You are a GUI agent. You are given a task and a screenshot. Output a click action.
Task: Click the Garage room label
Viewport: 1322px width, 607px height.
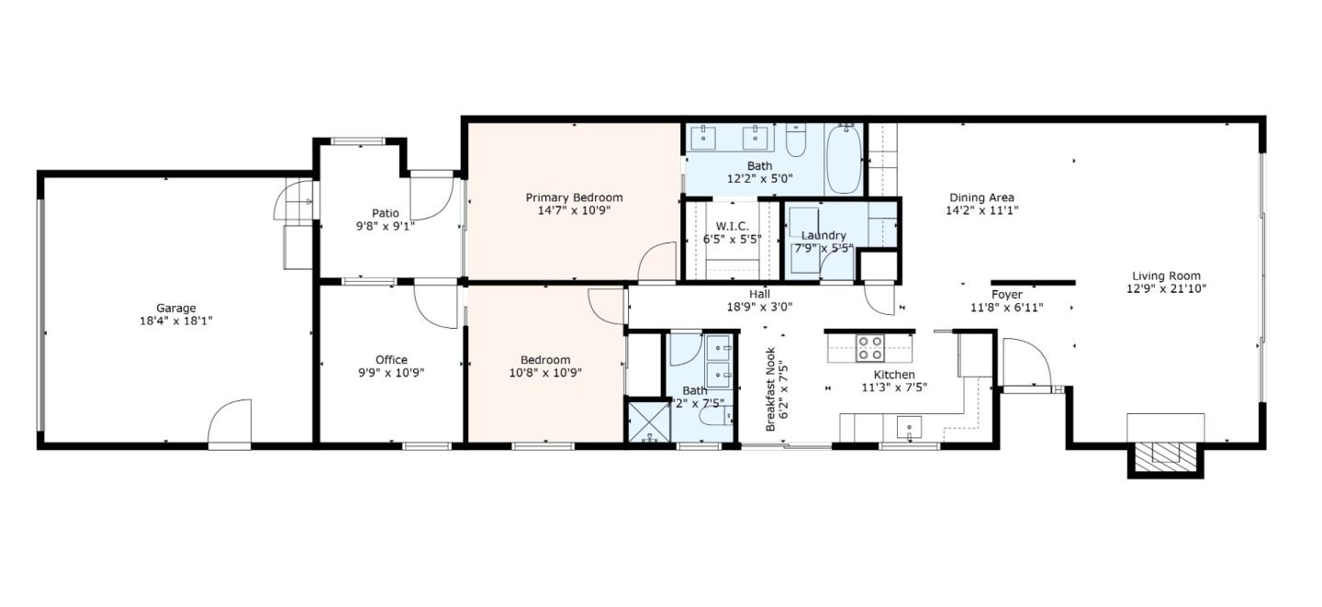coord(175,309)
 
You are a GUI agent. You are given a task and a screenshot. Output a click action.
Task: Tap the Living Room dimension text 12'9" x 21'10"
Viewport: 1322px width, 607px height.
coord(1166,288)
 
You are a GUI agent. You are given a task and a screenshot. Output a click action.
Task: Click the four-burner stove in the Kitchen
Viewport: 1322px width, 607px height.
coord(869,348)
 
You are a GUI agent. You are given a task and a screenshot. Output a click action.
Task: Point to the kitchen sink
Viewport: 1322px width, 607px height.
coord(909,426)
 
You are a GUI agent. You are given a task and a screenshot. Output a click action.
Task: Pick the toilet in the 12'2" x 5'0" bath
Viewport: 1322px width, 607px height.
coord(796,143)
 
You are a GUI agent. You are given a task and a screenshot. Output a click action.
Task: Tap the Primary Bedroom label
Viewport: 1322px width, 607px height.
coord(574,197)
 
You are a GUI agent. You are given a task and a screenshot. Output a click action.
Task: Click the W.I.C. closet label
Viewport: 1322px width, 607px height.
coord(732,226)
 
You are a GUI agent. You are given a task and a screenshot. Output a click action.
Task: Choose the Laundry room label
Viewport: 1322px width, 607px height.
coord(823,236)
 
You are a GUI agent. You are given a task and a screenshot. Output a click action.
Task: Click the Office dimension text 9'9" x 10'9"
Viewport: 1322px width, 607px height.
coord(391,373)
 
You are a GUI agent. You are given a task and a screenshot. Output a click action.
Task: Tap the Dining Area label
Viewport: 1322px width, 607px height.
coord(981,197)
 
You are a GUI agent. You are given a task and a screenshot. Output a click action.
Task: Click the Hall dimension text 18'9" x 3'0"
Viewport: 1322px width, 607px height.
coord(758,308)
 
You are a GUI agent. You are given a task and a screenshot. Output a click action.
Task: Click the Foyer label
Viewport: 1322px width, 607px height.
coord(1006,295)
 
